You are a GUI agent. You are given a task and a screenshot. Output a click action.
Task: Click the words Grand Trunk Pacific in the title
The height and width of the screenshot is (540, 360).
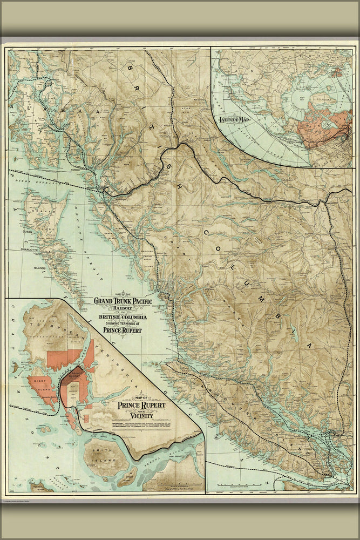[x=123, y=301]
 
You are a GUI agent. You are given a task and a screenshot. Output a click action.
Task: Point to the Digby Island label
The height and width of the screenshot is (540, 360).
[x=40, y=388]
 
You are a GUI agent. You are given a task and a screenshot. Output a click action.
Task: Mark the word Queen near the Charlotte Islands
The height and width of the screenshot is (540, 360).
[x=28, y=231]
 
